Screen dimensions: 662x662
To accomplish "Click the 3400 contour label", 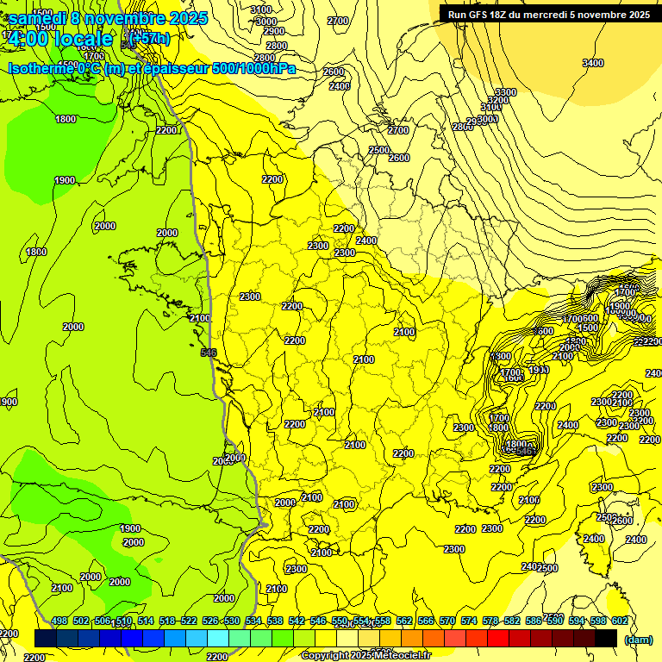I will coord(592,63).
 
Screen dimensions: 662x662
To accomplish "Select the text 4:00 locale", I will coord(59,40).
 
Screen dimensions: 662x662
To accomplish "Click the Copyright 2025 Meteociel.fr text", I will coord(365,655).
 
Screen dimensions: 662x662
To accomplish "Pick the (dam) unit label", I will coord(638,640).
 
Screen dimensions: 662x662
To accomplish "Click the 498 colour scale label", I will coord(59,621).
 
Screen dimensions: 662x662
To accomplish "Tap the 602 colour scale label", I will coord(620,621).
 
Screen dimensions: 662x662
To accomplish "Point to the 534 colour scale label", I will coord(253,621).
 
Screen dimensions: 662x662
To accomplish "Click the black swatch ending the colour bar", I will coord(606,638).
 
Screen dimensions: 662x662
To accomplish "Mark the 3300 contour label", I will coord(506,92).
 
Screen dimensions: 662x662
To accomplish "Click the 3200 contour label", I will coord(497,101).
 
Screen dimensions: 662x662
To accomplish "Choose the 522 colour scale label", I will coord(189,621).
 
